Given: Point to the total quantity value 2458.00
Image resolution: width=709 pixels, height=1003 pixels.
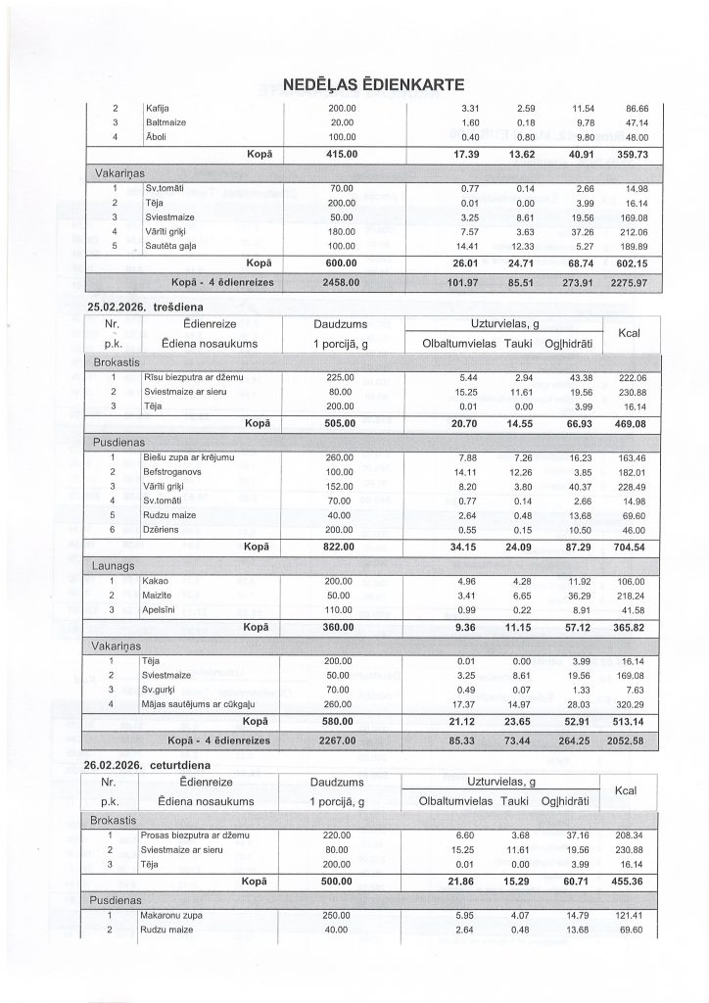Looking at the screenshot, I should (342, 281).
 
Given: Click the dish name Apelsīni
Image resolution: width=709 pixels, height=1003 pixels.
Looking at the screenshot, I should (164, 608).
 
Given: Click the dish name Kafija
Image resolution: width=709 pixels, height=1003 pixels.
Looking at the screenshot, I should (157, 108).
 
